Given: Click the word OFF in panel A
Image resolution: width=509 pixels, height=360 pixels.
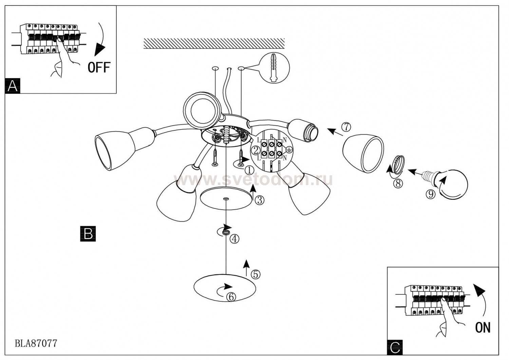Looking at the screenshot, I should (x=99, y=68).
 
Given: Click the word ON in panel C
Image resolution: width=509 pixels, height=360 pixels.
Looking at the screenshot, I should (x=483, y=327).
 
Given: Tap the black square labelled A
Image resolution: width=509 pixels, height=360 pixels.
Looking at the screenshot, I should (x=13, y=86).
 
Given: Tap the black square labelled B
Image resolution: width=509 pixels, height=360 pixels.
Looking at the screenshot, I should (x=88, y=234).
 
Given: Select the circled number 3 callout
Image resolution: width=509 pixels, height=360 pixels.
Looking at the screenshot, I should (x=260, y=200).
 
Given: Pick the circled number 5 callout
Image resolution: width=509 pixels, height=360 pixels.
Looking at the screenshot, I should (x=256, y=274).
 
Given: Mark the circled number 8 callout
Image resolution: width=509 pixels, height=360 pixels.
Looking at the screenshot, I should (x=398, y=183).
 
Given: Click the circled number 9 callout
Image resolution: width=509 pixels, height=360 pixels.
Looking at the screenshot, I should (x=431, y=194).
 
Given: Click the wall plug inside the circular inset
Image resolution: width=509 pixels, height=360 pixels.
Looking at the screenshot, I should (x=273, y=68).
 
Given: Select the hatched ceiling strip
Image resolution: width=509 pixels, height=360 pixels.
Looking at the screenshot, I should (x=214, y=43).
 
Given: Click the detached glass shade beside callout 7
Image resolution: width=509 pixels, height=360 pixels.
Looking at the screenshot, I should (x=363, y=152).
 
